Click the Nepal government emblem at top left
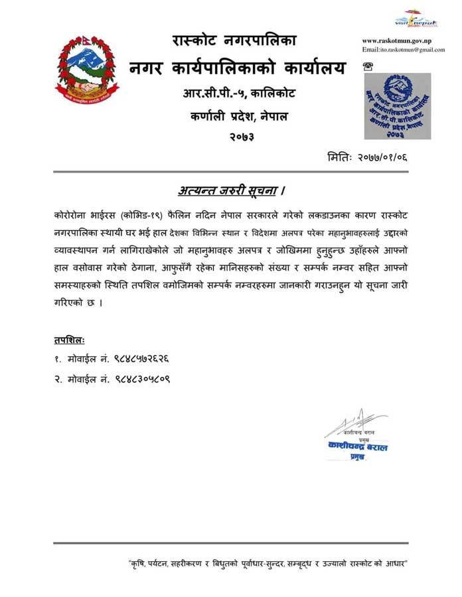coord(82,70)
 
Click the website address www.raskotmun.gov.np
coord(396,40)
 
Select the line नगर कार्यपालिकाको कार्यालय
coord(238,67)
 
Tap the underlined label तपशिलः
coord(70,340)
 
